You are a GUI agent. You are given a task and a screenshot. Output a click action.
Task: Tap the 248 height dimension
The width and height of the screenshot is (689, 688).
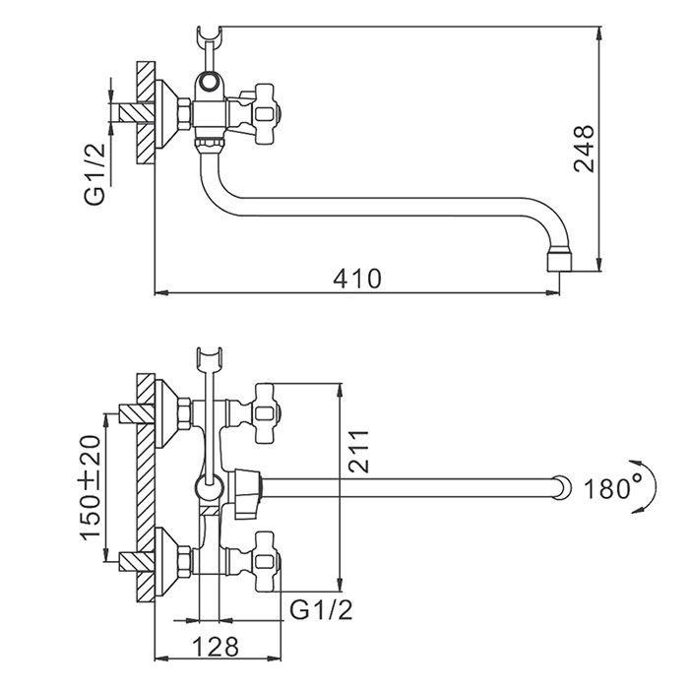tap(586, 148)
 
